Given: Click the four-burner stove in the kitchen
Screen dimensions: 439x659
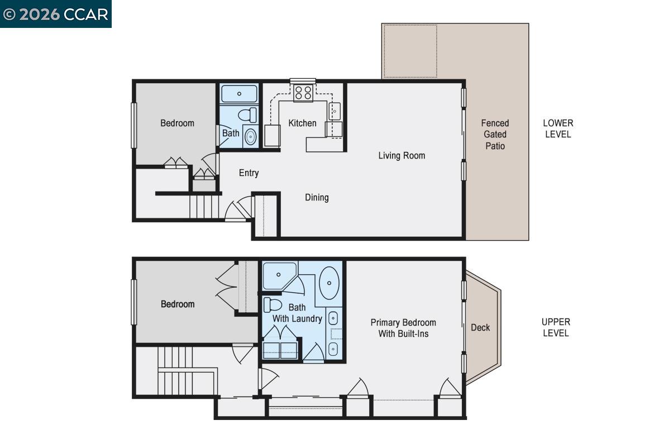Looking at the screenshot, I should pyautogui.click(x=303, y=93).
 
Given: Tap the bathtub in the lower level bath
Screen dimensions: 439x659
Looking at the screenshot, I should pyautogui.click(x=239, y=93).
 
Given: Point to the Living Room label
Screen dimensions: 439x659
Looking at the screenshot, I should pyautogui.click(x=402, y=155).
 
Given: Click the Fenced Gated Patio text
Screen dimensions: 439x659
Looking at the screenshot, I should pyautogui.click(x=495, y=134).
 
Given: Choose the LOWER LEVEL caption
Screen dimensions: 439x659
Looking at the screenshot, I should pyautogui.click(x=558, y=128).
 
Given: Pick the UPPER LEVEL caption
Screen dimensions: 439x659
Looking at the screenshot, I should pyautogui.click(x=556, y=327).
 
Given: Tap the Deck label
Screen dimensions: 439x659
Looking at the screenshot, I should pyautogui.click(x=480, y=327).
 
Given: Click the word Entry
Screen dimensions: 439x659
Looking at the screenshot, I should pyautogui.click(x=249, y=173).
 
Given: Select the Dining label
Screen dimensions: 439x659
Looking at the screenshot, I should pyautogui.click(x=317, y=197).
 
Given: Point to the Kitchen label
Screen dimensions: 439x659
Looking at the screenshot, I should pyautogui.click(x=302, y=123).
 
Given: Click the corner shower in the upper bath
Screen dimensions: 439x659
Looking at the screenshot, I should pyautogui.click(x=279, y=275).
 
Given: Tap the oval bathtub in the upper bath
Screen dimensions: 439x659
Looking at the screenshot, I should pyautogui.click(x=329, y=283).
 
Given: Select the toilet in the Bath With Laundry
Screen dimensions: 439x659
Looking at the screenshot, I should pyautogui.click(x=273, y=305).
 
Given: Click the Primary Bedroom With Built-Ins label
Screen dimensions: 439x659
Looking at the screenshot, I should pyautogui.click(x=403, y=328).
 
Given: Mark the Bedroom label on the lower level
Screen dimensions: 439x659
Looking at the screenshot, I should pyautogui.click(x=177, y=123).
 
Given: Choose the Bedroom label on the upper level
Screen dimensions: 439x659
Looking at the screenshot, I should pyautogui.click(x=178, y=304).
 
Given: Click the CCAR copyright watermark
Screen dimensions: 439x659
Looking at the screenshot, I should pyautogui.click(x=55, y=14).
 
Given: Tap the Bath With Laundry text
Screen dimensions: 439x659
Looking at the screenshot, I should pyautogui.click(x=297, y=313).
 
